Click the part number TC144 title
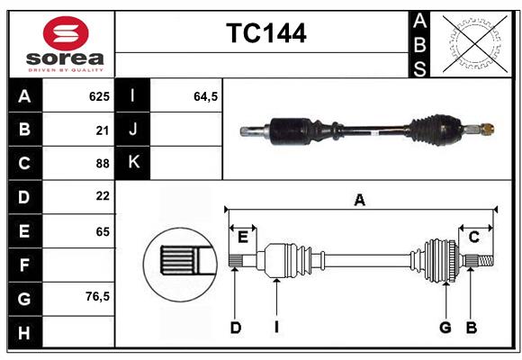[x=265, y=33]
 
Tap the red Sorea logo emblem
[x=66, y=34]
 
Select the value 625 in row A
[x=99, y=96]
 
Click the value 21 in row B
[x=102, y=130]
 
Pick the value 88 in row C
[x=102, y=163]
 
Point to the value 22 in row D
[x=102, y=196]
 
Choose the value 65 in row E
[x=102, y=230]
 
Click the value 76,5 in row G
[x=97, y=296]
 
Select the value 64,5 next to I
[x=206, y=96]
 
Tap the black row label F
[x=24, y=264]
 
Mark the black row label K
[x=133, y=163]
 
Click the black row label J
[x=133, y=130]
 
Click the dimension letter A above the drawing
[x=360, y=201]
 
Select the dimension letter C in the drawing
[x=473, y=237]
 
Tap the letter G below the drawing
[x=445, y=328]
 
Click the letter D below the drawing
[x=235, y=328]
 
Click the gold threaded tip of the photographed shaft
[x=487, y=130]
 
